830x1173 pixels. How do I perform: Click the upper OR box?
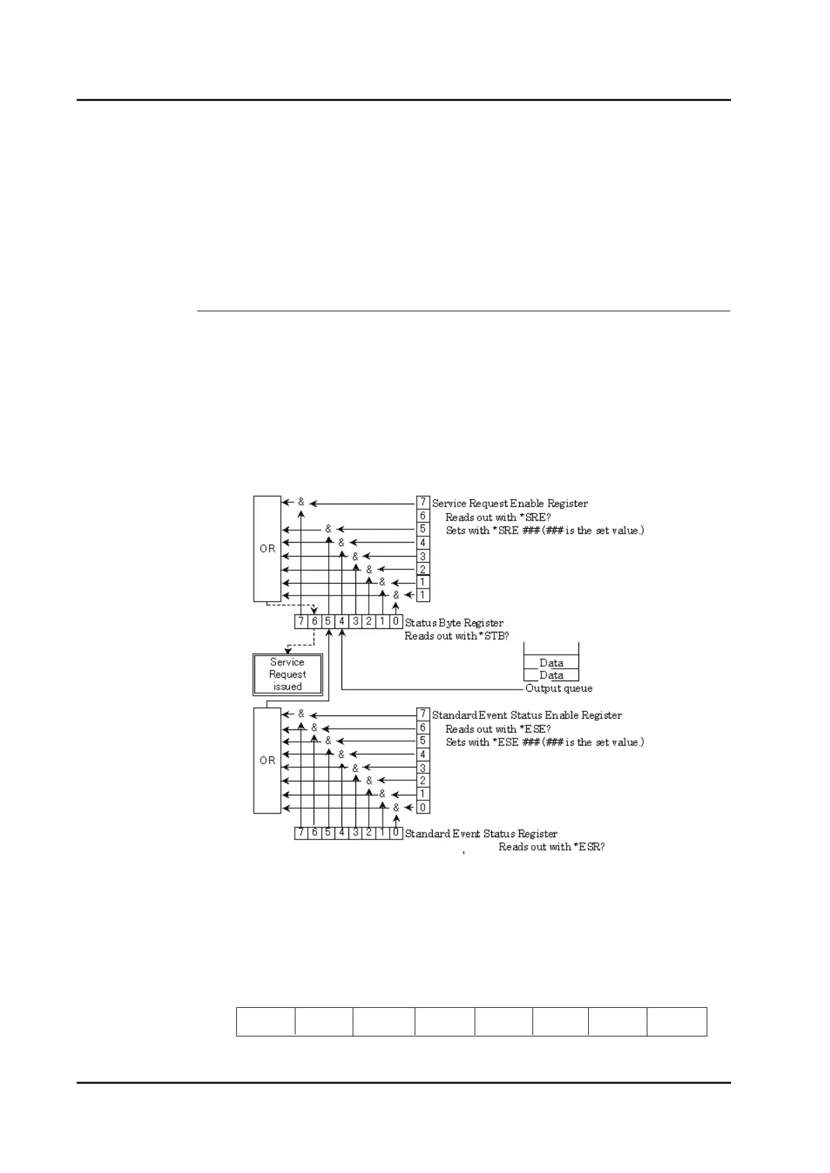point(267,548)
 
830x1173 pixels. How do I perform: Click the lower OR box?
point(267,760)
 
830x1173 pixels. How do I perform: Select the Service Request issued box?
point(287,674)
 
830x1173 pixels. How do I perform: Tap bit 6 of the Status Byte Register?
point(314,621)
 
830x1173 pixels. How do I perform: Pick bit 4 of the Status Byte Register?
point(341,621)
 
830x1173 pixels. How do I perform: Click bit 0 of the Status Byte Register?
point(396,621)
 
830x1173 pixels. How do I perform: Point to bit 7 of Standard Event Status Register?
point(301,833)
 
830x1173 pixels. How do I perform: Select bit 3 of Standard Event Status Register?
point(355,833)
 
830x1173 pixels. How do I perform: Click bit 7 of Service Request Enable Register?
point(422,502)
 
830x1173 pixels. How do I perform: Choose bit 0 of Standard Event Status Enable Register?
point(422,807)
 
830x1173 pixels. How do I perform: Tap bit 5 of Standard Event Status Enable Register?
point(422,741)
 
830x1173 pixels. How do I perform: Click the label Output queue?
point(559,688)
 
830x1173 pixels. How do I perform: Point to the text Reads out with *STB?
point(456,636)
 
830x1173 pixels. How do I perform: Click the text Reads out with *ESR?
point(551,847)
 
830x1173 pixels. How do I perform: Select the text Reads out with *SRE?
point(498,517)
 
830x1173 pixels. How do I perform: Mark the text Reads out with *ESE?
point(498,729)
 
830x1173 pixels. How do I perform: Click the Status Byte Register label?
point(454,623)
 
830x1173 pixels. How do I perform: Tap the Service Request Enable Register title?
point(509,503)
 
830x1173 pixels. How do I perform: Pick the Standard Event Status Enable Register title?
point(527,715)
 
